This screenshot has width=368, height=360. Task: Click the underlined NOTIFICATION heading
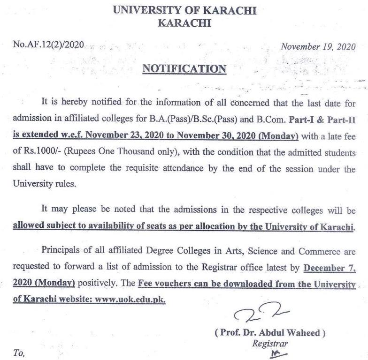coord(184,69)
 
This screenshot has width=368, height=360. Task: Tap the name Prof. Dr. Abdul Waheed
coord(270,333)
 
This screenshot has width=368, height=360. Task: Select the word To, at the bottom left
coord(19,353)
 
